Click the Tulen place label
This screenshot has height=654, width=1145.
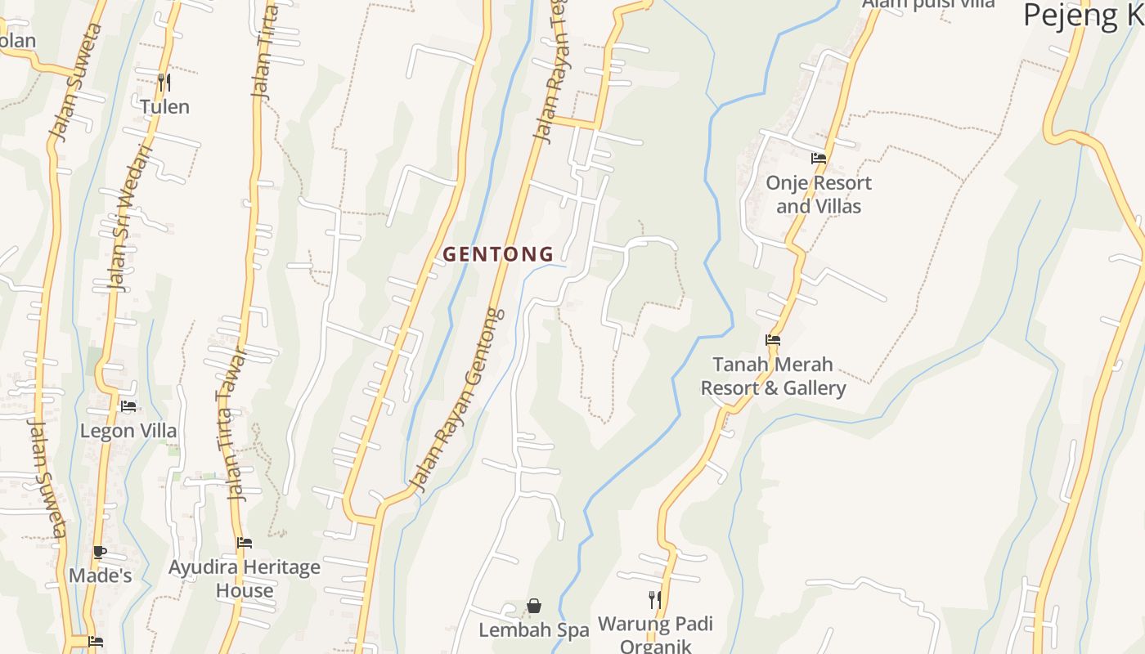point(164,107)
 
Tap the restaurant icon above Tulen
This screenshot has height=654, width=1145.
point(164,83)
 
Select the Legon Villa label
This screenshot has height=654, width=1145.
point(128,431)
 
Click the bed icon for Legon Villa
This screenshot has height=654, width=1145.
point(128,406)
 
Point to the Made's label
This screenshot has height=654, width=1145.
point(100,576)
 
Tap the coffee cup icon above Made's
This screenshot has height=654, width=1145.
point(100,553)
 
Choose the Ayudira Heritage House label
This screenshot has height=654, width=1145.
point(245,578)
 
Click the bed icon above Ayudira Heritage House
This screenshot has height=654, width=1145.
point(245,543)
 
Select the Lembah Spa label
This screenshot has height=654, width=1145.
point(533,630)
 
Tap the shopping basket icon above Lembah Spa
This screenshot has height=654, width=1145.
point(534,606)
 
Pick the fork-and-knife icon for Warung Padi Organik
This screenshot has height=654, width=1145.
point(655,600)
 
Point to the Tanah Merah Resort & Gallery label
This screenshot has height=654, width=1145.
point(773,376)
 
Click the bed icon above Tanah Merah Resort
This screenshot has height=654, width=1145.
point(773,340)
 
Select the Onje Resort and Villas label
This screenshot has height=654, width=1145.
point(819,195)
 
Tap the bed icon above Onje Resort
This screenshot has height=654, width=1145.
point(819,159)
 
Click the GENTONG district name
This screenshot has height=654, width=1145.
point(498,254)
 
